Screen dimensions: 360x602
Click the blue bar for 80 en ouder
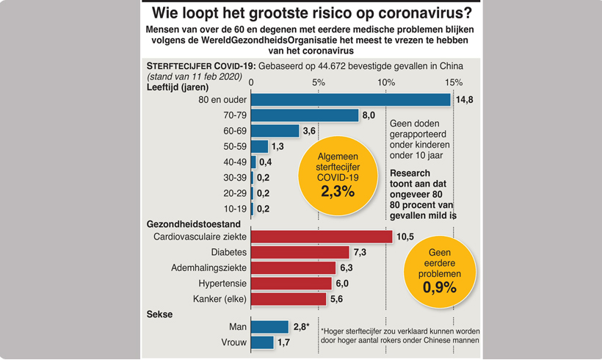(x=351, y=99)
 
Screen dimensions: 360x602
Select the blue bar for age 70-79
(x=305, y=115)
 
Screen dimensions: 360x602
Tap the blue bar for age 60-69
(x=275, y=131)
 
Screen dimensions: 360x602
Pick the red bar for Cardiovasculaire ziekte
(x=322, y=237)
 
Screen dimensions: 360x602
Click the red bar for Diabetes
(x=301, y=252)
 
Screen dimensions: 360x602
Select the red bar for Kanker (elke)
(x=289, y=299)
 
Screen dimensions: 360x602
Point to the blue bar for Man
(x=269, y=326)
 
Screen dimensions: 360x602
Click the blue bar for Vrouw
(x=262, y=342)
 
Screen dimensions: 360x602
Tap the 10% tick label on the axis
(x=385, y=82)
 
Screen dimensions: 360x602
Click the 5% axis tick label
(x=319, y=82)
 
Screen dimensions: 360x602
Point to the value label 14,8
(x=465, y=100)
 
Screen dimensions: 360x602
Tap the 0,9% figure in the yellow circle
(x=440, y=287)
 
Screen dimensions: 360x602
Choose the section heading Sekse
(x=160, y=314)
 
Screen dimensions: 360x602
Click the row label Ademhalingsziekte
(x=208, y=267)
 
